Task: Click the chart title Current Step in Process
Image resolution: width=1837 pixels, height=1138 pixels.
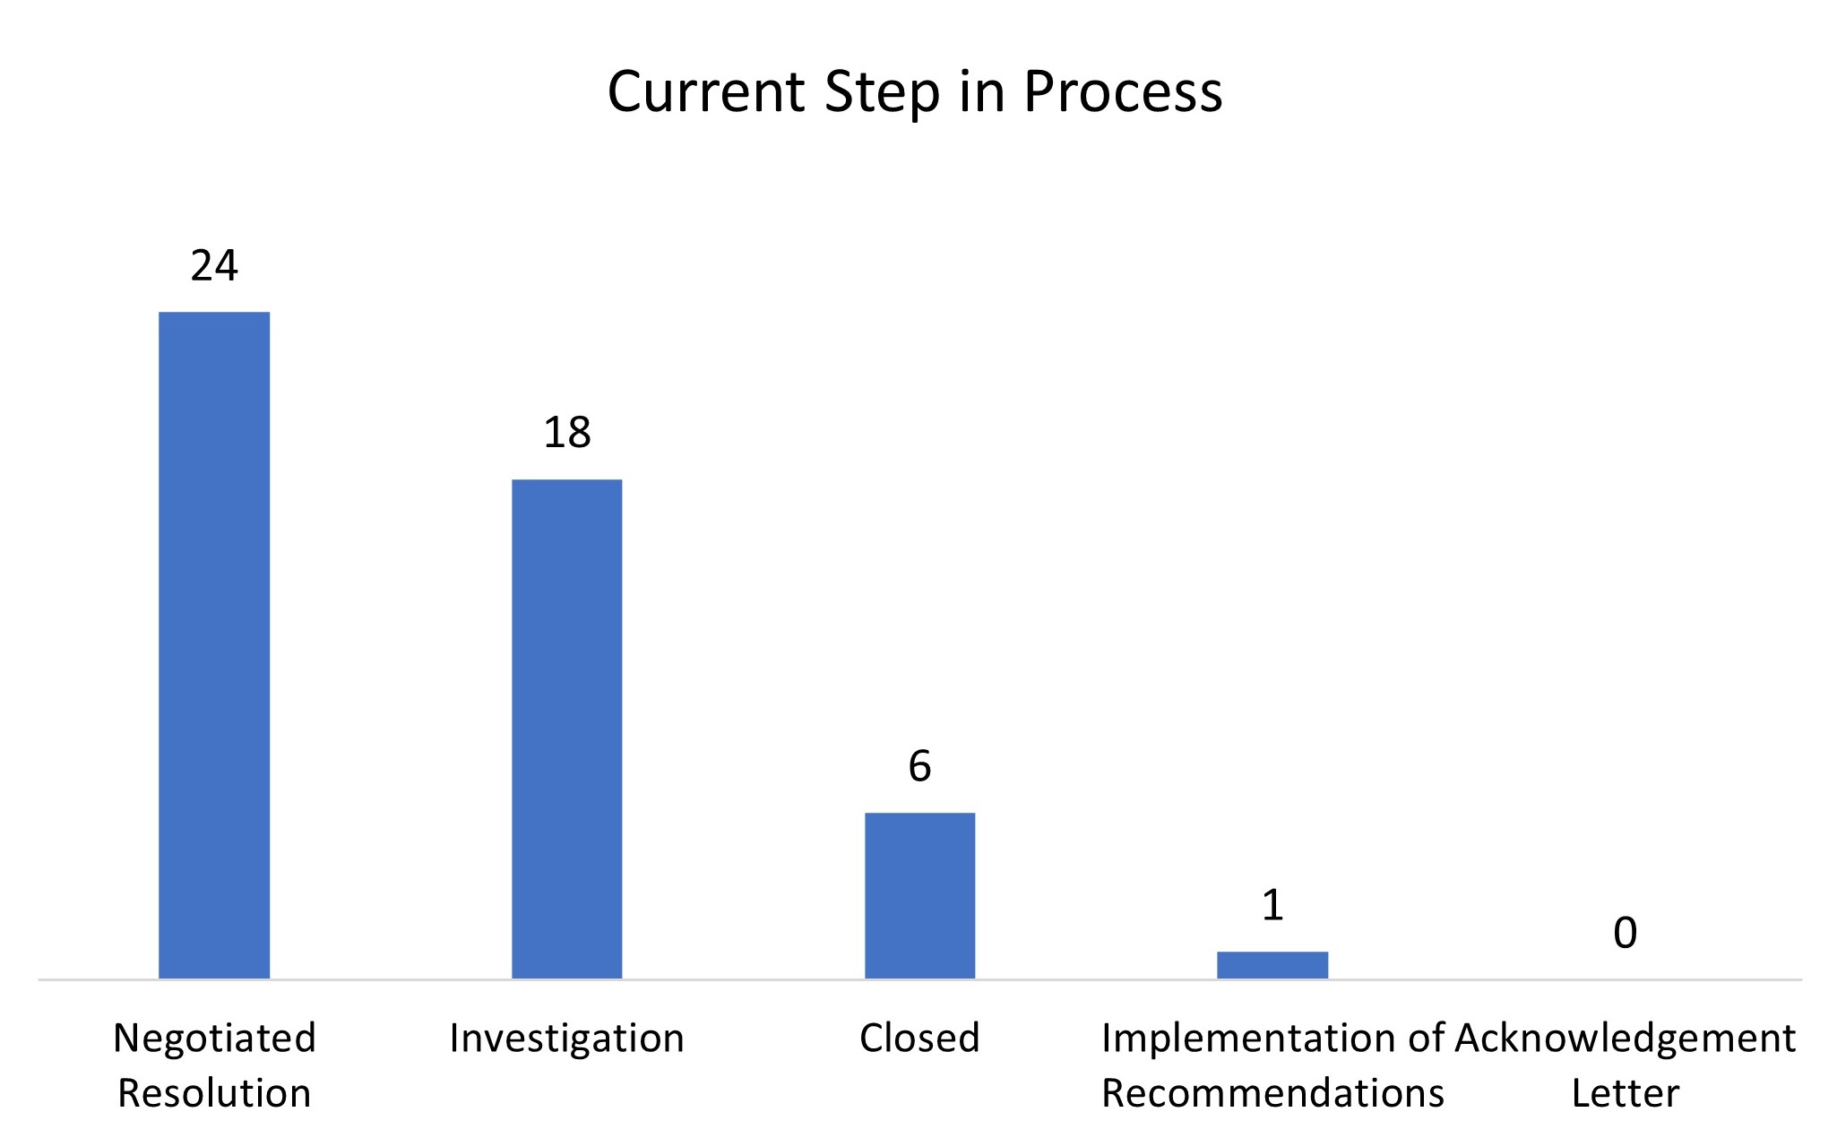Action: click(x=915, y=91)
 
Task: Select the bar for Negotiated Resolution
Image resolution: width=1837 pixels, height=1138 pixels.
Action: click(x=214, y=644)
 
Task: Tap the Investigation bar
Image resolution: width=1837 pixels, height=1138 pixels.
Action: click(x=566, y=728)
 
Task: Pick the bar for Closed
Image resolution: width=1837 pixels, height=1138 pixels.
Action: click(x=919, y=895)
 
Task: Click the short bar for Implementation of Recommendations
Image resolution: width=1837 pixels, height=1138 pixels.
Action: click(x=1272, y=964)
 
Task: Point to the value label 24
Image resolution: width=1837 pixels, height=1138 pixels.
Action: click(x=214, y=265)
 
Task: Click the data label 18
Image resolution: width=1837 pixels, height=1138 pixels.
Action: click(x=567, y=433)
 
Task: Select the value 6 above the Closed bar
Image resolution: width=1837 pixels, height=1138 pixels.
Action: click(x=919, y=766)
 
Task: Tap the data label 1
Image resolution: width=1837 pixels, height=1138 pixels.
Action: click(x=1272, y=905)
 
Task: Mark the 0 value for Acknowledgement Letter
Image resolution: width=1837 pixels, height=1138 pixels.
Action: click(x=1625, y=933)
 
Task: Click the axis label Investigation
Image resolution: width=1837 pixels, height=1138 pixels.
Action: click(x=566, y=1038)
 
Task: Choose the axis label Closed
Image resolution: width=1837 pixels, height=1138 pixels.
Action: click(x=919, y=1038)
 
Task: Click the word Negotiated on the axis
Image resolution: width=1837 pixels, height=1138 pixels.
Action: click(x=214, y=1038)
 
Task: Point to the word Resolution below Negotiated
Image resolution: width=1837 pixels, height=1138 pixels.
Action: click(x=214, y=1093)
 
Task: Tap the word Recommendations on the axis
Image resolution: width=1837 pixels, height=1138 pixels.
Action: click(x=1272, y=1093)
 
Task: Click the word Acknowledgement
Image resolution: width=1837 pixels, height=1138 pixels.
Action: click(x=1625, y=1038)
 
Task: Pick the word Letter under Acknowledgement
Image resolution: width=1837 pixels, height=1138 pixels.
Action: click(x=1625, y=1093)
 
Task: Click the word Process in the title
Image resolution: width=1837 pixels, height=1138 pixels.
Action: click(x=1123, y=91)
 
